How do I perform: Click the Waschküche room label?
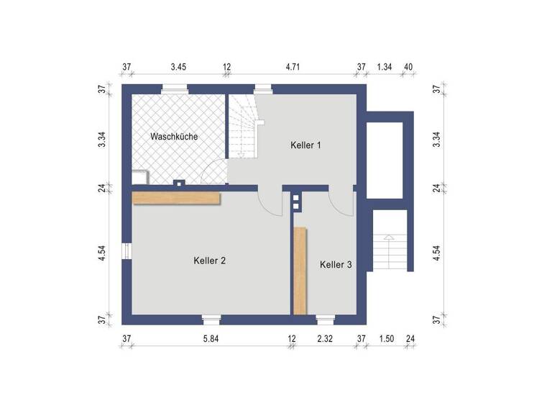pos(174,136)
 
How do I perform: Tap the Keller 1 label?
pos(305,145)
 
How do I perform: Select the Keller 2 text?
pos(210,261)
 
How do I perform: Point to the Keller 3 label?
pos(336,265)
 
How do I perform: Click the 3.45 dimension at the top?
pos(179,68)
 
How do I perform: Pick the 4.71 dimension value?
pos(293,68)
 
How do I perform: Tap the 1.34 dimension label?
pos(385,68)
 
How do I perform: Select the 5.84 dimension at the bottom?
pos(211,339)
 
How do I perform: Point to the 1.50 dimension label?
pos(386,339)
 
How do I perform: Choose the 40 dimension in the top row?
pos(408,68)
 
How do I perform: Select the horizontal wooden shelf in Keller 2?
pos(176,198)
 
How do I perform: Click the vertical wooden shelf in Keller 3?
pos(300,271)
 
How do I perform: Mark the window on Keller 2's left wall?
pos(126,252)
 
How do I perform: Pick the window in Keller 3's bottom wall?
pos(326,317)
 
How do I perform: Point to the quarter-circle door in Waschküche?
pos(215,173)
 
